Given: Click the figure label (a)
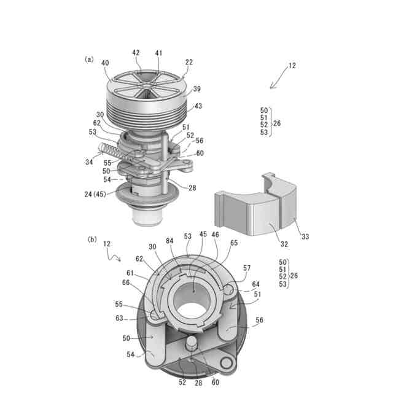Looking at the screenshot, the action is (90, 60).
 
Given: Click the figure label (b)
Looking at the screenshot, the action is (92, 239).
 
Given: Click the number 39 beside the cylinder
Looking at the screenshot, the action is (197, 89).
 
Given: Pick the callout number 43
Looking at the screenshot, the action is (198, 106).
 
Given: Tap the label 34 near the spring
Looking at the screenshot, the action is (89, 163).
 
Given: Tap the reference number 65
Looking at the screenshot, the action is (233, 243).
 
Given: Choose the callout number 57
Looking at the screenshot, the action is (247, 268).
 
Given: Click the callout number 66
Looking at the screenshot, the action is (125, 282).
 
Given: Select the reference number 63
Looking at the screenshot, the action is (120, 319).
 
